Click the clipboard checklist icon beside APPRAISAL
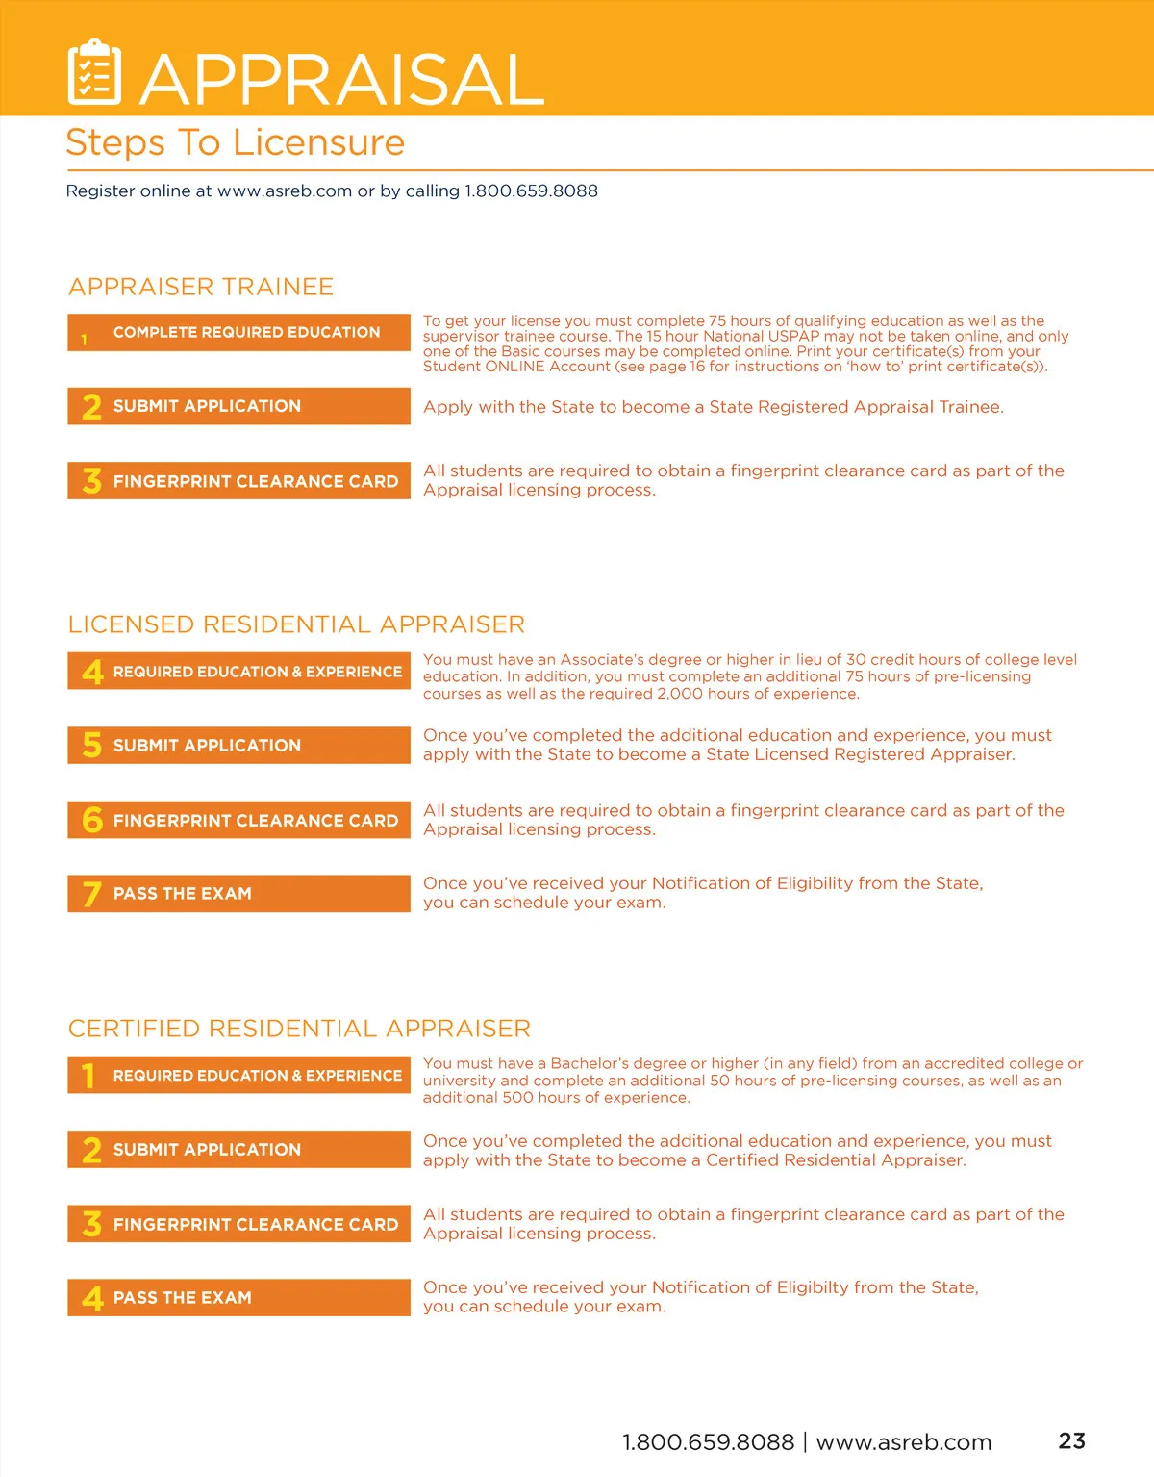pos(94,72)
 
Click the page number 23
pos(1071,1440)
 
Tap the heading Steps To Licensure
pos(235,142)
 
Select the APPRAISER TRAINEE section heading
pos(201,287)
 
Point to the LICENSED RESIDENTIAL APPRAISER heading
pos(296,624)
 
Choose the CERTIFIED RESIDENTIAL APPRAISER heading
pos(299,1029)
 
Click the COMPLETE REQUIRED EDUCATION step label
pos(246,332)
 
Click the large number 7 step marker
pos(91,894)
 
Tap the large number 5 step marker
pos(91,745)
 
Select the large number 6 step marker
pos(91,820)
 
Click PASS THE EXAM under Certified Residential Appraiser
pos(182,1298)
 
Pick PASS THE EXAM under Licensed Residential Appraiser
pos(182,894)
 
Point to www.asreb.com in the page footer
pos(903,1442)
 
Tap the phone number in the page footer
pos(708,1442)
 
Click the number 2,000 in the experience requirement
pos(680,694)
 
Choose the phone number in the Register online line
pos(531,191)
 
